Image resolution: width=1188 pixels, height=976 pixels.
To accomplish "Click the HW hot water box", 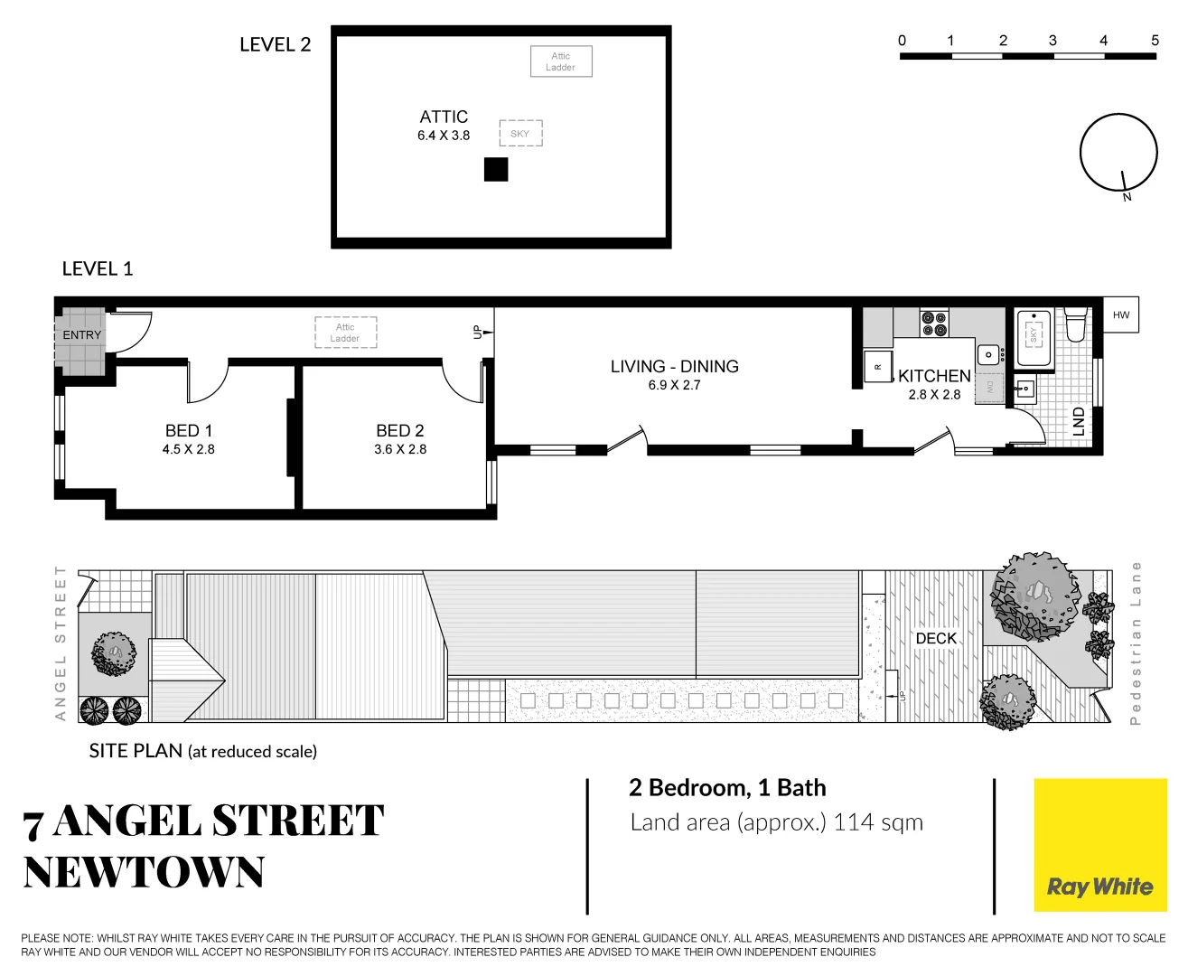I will pos(1120,314).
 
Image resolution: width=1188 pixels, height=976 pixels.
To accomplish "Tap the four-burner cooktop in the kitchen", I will pos(933,324).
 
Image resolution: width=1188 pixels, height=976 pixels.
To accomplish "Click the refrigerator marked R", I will pos(877,367).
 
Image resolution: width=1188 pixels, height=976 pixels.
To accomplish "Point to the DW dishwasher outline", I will pos(989,388).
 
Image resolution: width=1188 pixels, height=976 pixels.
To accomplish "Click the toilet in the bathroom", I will pos(1074,324).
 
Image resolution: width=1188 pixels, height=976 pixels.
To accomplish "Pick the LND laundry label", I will pos(1078,421).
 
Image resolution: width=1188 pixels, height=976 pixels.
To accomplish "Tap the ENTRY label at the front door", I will pos(81,335).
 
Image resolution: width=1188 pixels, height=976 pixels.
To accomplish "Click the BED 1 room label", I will pos(188,431).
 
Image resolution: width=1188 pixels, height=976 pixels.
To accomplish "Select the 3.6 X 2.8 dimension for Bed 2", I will pos(400,449).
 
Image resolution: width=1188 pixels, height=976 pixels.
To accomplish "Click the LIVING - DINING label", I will pos(674,366).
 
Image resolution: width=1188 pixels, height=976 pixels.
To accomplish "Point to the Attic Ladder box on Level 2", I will pos(560,61).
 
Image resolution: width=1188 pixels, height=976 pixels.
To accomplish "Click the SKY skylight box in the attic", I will pos(520,134).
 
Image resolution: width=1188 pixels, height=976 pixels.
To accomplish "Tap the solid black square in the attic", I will pos(496,170).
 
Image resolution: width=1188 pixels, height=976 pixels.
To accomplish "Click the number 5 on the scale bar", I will pos(1154,41).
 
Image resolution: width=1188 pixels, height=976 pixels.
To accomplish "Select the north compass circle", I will pos(1118,153).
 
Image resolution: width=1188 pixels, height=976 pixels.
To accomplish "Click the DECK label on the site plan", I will pos(936,638).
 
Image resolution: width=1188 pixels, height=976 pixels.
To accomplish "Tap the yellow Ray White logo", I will pos(1099,845).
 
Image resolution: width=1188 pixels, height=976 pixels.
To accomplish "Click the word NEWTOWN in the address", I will pos(145,873).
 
